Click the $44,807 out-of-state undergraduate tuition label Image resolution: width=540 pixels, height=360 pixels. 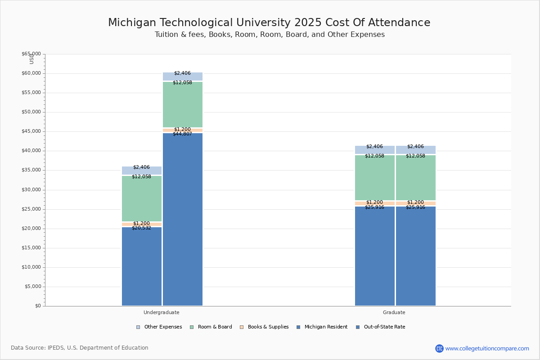pyautogui.click(x=182, y=134)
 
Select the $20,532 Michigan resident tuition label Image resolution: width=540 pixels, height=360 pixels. pyautogui.click(x=141, y=228)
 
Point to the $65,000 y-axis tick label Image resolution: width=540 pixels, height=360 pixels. pyautogui.click(x=31, y=54)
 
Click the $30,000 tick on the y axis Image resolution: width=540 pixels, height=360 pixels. pyautogui.click(x=31, y=189)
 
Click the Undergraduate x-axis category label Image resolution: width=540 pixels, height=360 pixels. pyautogui.click(x=162, y=312)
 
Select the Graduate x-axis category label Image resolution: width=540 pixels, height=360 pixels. pyautogui.click(x=394, y=312)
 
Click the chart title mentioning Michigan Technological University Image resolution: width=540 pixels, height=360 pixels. pyautogui.click(x=269, y=22)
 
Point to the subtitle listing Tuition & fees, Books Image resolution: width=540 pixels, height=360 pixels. pyautogui.click(x=270, y=35)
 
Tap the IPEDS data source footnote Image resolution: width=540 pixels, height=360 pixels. pyautogui.click(x=80, y=348)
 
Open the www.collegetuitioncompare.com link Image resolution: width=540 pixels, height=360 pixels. pyautogui.click(x=487, y=348)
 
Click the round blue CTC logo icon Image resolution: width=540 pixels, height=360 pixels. pyautogui.click(x=439, y=348)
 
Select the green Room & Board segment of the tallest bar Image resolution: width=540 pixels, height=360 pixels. pyautogui.click(x=183, y=104)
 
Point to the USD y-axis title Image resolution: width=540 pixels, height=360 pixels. pyautogui.click(x=31, y=58)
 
